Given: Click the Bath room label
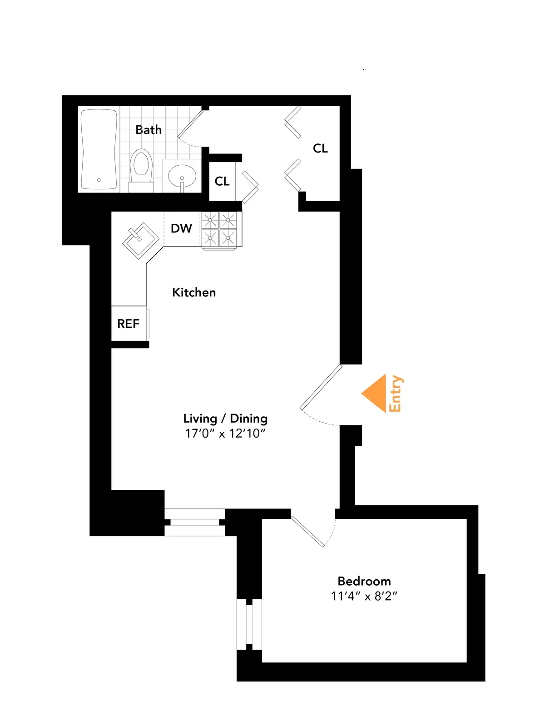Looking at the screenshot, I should pos(149,130).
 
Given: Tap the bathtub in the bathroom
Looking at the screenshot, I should pos(99,149).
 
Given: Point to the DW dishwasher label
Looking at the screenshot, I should pos(181,228).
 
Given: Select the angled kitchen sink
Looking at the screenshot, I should pos(140,240).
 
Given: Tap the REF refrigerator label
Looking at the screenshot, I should pos(128,324).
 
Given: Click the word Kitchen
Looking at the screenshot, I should pos(194,292).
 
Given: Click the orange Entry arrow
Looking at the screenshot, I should pos(375,393).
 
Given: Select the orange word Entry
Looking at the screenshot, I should pos(396,394).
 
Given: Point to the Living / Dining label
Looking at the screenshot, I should pos(225,418).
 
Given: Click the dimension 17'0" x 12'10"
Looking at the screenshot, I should pos(225,434).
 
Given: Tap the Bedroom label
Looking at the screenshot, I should pos(364,581).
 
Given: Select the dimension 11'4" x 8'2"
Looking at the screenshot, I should pos(364,596).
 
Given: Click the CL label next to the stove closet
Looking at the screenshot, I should pos(222,182).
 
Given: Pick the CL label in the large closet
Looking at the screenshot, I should pos(320,148).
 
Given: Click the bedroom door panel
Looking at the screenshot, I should pos(307,531).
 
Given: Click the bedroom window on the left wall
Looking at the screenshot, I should pos(249,624).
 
